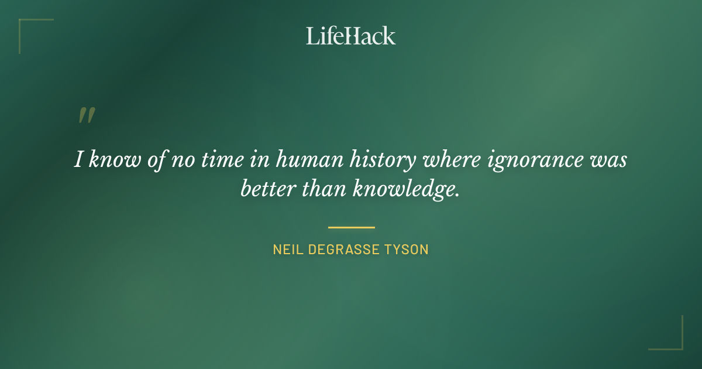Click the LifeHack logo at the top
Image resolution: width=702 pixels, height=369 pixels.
pyautogui.click(x=351, y=36)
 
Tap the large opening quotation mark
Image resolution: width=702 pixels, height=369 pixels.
pyautogui.click(x=86, y=115)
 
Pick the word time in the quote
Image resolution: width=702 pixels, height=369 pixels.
pyautogui.click(x=224, y=159)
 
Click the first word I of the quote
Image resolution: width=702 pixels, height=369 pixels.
pyautogui.click(x=78, y=159)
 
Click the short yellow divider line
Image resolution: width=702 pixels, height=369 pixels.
pyautogui.click(x=351, y=227)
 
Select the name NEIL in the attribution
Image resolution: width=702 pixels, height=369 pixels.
pyautogui.click(x=286, y=250)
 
